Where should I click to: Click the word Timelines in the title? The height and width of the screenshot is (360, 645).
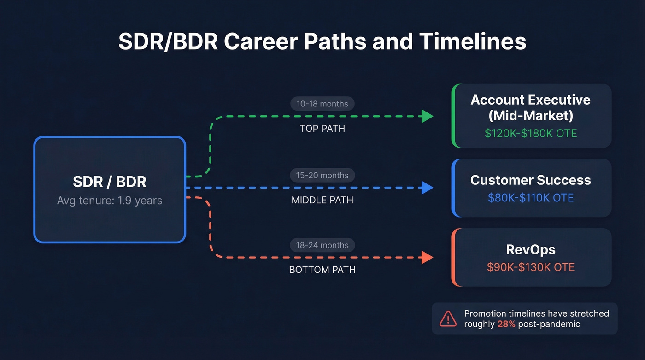click(472, 41)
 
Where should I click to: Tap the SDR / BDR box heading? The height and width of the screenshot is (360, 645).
click(110, 182)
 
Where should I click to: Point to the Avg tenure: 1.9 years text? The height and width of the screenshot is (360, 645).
click(110, 201)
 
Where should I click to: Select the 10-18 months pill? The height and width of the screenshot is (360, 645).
click(322, 104)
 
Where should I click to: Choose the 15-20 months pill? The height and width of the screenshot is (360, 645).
click(322, 175)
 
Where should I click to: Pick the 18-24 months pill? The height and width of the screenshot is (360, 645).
click(322, 245)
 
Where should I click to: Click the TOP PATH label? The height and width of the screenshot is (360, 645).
click(322, 129)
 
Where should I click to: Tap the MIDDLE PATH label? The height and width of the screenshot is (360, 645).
click(322, 200)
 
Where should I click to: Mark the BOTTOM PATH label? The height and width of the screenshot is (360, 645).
click(322, 270)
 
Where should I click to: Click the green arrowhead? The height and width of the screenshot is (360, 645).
click(427, 117)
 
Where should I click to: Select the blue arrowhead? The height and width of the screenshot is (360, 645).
click(427, 188)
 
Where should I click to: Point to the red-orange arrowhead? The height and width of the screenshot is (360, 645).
click(427, 258)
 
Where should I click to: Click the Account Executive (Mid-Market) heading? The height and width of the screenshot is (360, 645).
click(530, 107)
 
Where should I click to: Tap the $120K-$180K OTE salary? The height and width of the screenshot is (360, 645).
click(530, 134)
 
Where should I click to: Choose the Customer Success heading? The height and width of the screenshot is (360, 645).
click(530, 180)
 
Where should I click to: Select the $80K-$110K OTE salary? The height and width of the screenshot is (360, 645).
click(530, 198)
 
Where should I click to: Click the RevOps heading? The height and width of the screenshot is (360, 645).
click(530, 249)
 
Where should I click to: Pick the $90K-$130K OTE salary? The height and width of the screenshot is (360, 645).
click(530, 267)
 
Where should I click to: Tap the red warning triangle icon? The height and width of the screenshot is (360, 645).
click(448, 319)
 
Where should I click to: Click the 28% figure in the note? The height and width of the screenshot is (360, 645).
click(506, 324)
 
